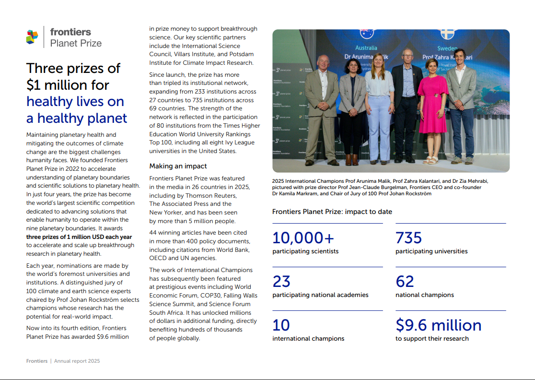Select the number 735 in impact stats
[x=408, y=238]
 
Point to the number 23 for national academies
[x=281, y=281]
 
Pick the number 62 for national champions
[x=405, y=281]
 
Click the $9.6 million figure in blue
[x=438, y=325]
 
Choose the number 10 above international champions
[x=281, y=325]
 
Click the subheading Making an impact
[x=178, y=166]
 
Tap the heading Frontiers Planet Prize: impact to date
[x=332, y=212]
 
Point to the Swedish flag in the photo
[x=447, y=34]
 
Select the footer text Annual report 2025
[x=77, y=361]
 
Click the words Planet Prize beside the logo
[x=76, y=43]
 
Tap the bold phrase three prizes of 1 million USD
[x=79, y=237]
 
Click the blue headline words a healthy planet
[x=77, y=118]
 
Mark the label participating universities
[x=431, y=251]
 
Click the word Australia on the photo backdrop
[x=366, y=48]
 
